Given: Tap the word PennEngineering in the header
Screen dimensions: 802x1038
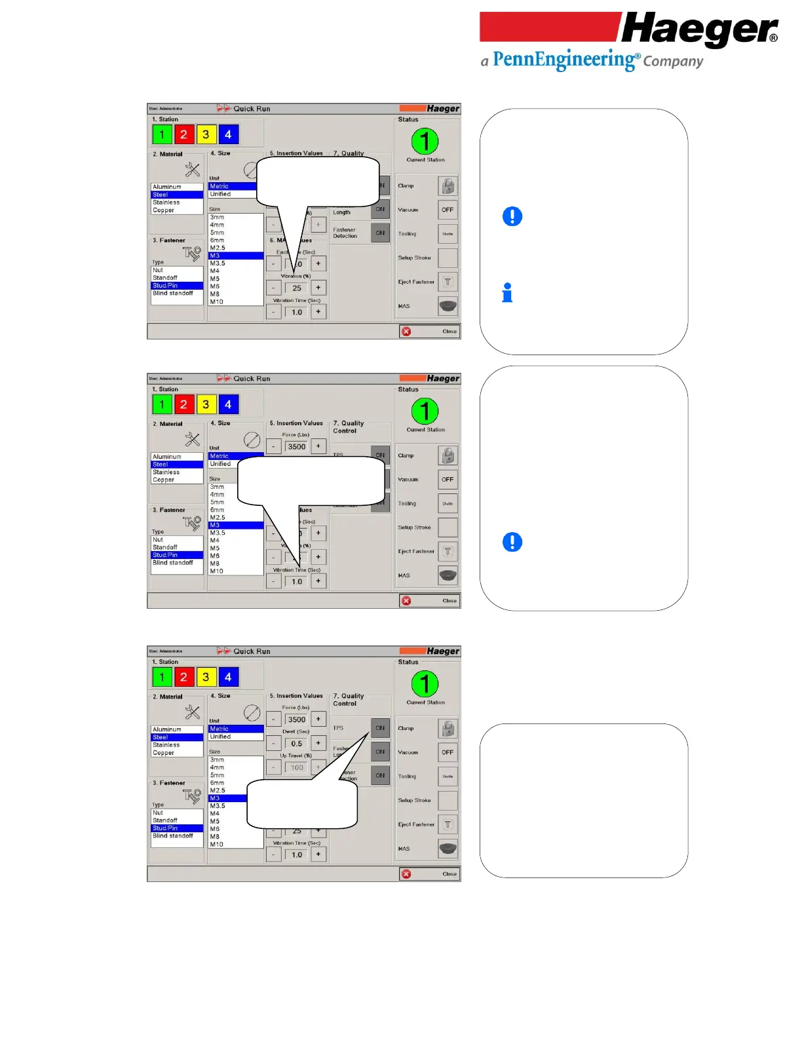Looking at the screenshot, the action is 564,60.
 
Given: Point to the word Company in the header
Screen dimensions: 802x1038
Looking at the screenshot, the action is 673,62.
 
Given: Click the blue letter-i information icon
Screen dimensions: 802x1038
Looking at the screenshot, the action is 507,293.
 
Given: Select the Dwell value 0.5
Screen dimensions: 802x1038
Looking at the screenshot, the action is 297,744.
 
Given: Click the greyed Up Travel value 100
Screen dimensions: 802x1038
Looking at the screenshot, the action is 297,767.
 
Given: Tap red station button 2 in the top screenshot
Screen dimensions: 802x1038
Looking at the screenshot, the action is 183,134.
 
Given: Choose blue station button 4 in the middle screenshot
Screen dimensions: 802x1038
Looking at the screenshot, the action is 228,404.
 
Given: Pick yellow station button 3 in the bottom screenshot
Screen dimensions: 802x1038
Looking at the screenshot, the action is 206,677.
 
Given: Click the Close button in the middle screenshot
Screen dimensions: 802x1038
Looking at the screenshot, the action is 430,601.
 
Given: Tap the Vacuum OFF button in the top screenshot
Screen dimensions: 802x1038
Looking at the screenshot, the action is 448,210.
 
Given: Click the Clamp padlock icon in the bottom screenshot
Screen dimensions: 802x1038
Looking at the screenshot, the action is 448,729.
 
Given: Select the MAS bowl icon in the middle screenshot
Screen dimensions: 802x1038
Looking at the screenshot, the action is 448,575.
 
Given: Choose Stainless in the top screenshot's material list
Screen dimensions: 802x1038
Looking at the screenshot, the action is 166,202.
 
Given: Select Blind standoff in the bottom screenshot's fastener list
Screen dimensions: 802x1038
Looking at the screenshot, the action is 173,836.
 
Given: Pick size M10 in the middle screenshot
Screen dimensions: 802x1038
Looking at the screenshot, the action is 217,571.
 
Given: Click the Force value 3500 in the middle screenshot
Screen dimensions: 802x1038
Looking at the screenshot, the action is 297,447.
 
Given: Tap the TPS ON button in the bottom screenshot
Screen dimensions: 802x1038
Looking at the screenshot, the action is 380,728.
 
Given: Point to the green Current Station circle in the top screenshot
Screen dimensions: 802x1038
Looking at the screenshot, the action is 425,141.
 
